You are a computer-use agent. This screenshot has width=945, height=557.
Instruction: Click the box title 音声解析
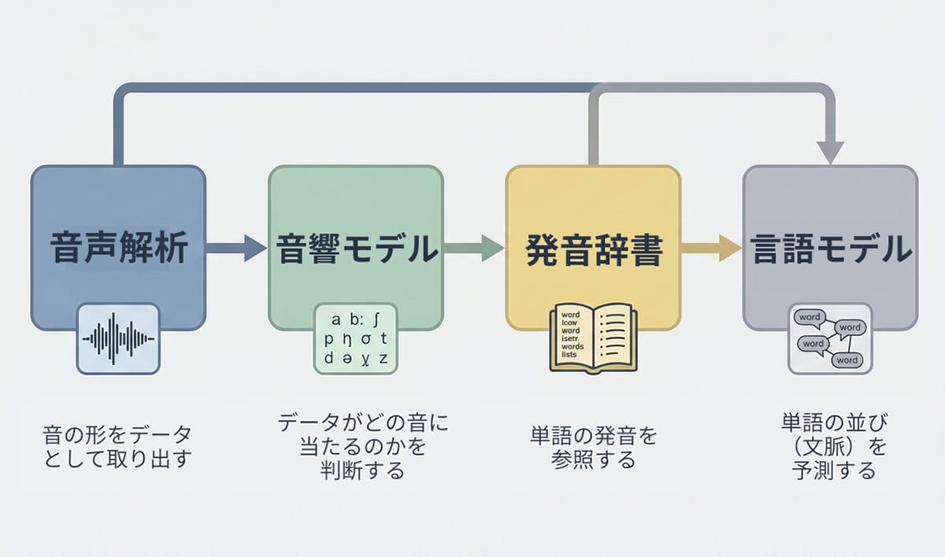coord(119,249)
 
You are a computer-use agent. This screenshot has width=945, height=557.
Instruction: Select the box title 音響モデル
coord(357,249)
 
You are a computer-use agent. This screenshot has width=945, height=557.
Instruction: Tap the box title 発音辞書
coord(593,249)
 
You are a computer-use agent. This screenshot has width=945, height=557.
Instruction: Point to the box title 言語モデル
coord(831,249)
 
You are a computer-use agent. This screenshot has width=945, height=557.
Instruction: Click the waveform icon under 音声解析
coord(118,339)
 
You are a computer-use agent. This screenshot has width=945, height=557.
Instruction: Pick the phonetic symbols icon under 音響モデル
coord(356,339)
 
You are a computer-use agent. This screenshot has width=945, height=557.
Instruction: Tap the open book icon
coord(593,339)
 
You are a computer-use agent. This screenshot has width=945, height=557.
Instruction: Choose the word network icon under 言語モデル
coord(830,339)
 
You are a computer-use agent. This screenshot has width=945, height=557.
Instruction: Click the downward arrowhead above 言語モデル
coord(830,152)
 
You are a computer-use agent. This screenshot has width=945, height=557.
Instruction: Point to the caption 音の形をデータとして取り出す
coord(117,447)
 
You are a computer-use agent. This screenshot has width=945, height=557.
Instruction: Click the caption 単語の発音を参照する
coord(594,448)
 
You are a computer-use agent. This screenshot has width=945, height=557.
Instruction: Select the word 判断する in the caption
coord(362,471)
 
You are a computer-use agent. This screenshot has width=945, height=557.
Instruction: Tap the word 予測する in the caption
coord(834,471)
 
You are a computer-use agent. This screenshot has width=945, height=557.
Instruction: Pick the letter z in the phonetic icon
coord(384,360)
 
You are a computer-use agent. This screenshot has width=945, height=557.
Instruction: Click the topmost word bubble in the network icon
coord(809,318)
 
